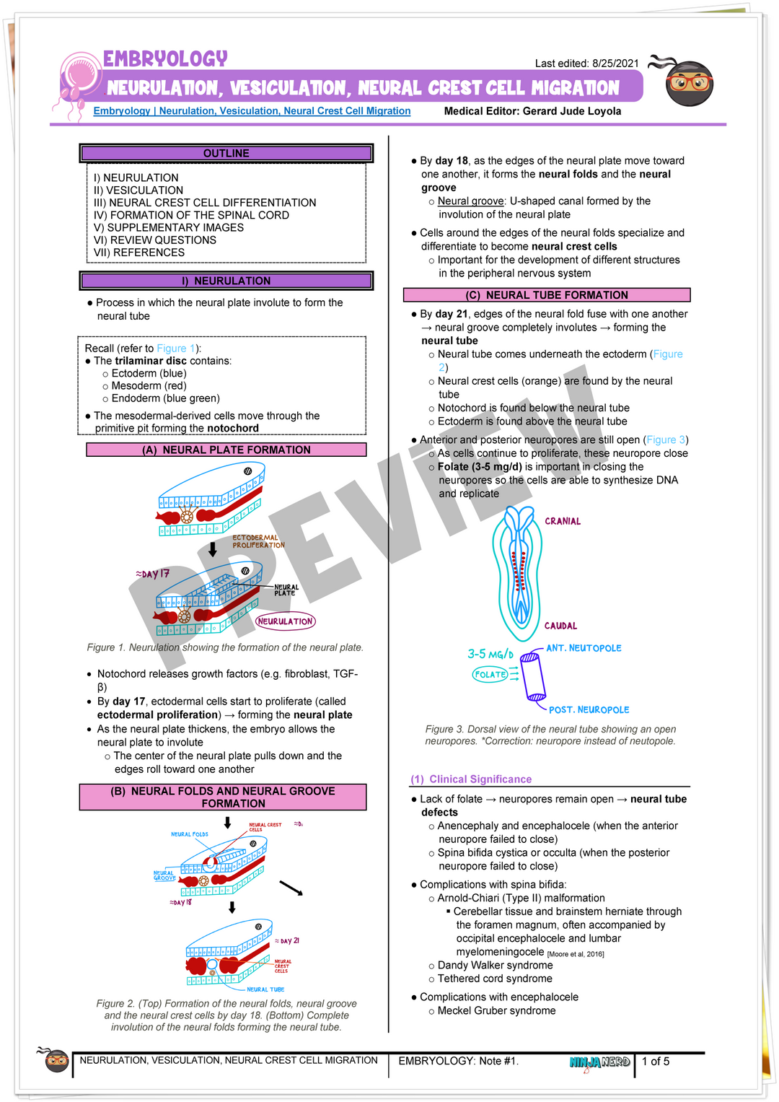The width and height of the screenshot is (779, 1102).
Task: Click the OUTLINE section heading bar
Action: pos(226,153)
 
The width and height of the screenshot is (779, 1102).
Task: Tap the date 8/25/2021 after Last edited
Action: pos(615,64)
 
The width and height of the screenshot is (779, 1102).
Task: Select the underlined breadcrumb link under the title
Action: pos(252,111)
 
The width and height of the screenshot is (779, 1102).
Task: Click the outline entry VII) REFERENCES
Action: pos(139,253)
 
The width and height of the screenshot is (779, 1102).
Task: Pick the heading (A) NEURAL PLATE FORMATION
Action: pos(226,450)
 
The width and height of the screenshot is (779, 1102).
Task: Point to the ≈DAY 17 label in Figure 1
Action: pos(152,574)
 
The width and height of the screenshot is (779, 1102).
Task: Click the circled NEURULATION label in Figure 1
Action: pos(285,621)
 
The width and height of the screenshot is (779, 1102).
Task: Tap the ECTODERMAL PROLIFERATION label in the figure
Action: pos(258,541)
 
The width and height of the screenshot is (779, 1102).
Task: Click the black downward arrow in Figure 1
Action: pos(213,550)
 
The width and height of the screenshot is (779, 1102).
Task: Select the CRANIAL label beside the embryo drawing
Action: pos(563,521)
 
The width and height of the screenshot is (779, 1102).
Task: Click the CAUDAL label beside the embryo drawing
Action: pos(560,626)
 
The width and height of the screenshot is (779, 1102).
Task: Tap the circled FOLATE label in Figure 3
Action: pos(490,675)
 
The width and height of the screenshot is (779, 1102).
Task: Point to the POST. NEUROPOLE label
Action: pos(589,710)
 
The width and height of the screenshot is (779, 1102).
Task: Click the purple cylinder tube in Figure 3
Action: pos(534,676)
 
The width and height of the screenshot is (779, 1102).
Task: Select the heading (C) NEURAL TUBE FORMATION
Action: pos(546,295)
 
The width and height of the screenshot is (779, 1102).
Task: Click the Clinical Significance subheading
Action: pos(472,779)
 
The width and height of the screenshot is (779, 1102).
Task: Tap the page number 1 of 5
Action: pos(656,1062)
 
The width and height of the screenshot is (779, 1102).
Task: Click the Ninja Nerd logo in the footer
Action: pos(599,1062)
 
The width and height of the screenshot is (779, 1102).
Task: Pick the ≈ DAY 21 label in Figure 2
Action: pos(286,941)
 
